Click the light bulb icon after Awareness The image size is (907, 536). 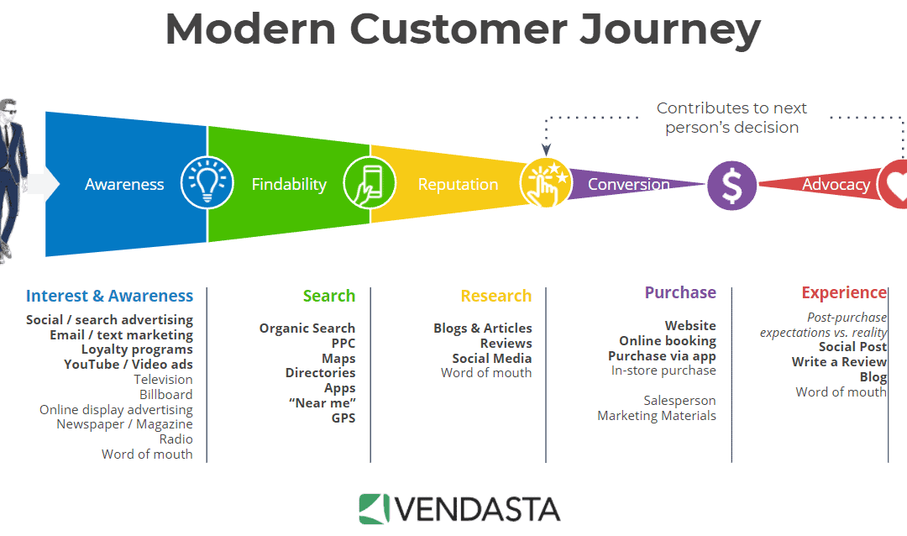tap(207, 182)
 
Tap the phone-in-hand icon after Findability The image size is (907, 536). tap(370, 182)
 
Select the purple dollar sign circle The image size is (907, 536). tap(731, 185)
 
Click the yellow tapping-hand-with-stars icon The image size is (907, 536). tap(546, 183)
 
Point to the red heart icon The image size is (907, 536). tap(893, 184)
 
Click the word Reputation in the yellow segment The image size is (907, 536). tap(459, 184)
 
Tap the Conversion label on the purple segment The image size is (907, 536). tap(629, 184)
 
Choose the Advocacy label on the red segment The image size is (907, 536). tap(836, 184)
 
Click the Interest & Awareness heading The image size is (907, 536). tap(109, 296)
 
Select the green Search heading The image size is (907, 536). tap(329, 296)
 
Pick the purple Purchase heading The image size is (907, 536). tap(680, 292)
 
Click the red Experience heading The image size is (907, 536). tap(844, 293)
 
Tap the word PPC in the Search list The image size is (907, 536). tap(343, 344)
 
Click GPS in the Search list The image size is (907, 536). tap(343, 418)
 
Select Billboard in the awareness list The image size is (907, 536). tap(166, 394)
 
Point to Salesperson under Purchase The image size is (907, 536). tap(679, 401)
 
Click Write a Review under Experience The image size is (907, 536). tap(839, 362)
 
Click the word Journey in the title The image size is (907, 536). tap(670, 29)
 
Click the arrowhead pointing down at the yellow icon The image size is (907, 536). tap(546, 150)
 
